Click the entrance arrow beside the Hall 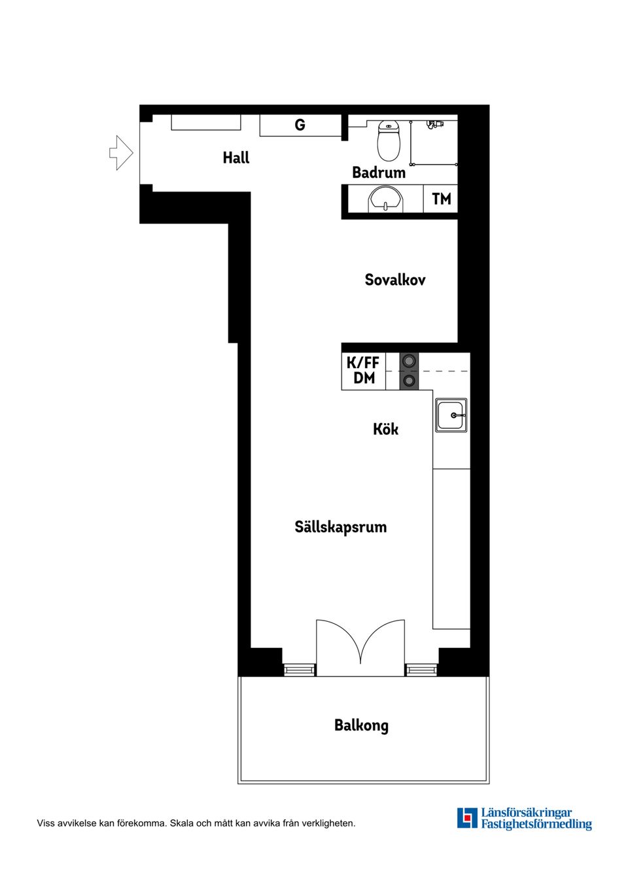click(121, 153)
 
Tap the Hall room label click(235, 158)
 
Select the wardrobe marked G click(300, 125)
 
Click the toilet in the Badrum click(389, 140)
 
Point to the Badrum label click(378, 173)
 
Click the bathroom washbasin click(386, 199)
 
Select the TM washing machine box click(441, 199)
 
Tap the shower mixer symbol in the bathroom click(434, 124)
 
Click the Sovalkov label click(394, 280)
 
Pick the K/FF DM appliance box click(363, 371)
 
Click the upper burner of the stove click(409, 361)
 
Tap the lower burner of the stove click(409, 381)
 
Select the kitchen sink click(451, 415)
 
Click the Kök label click(385, 429)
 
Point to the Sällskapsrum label click(340, 527)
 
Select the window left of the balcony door click(299, 670)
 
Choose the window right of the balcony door click(421, 670)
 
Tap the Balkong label click(361, 725)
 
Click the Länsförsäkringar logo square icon click(467, 818)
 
